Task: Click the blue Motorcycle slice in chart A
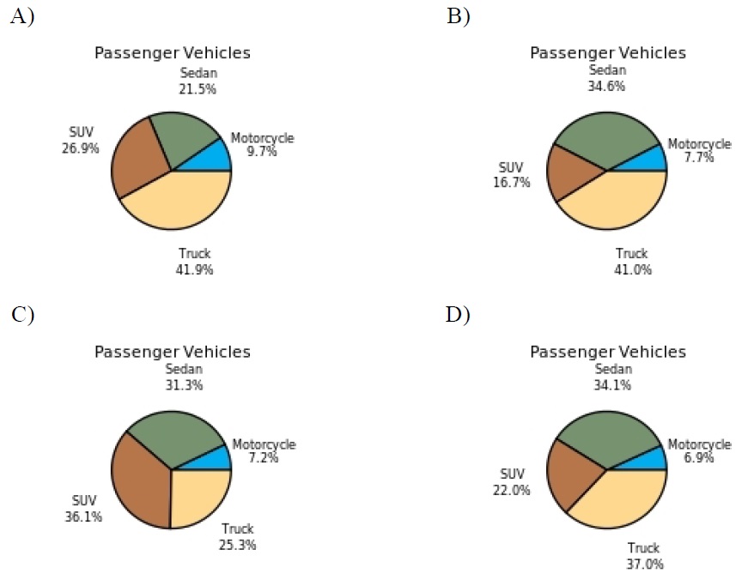tap(215, 158)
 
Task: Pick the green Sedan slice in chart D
tap(606, 438)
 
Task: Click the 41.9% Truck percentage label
tap(194, 269)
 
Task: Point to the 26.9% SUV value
tap(84, 148)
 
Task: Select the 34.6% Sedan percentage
tap(606, 86)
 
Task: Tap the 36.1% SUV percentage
tap(84, 518)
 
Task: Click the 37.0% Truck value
tap(642, 564)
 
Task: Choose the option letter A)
tap(21, 16)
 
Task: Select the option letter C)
tap(22, 315)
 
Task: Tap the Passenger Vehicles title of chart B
tap(608, 52)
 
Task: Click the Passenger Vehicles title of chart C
tap(173, 352)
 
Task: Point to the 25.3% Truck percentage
tap(238, 544)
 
